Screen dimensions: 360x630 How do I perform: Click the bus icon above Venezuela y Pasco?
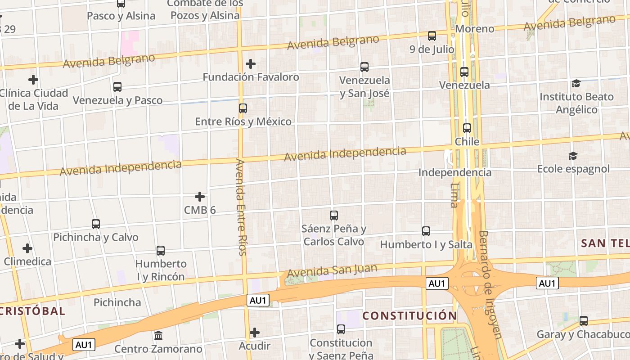(117, 87)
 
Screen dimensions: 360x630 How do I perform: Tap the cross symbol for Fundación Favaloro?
(251, 64)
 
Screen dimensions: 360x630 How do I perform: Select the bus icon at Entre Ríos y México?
(243, 108)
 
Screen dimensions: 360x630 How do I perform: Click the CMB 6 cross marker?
(200, 197)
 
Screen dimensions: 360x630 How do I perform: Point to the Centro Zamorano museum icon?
(158, 336)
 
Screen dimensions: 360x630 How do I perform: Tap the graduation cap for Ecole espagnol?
(573, 156)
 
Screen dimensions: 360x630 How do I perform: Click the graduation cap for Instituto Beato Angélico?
(576, 84)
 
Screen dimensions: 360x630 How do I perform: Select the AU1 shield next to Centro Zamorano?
(84, 345)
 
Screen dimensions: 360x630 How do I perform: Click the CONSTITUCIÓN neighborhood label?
(410, 316)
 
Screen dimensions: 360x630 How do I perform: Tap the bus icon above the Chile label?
(467, 128)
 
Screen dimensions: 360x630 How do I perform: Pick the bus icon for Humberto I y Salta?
(426, 231)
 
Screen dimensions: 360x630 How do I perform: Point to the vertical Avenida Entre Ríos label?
(241, 207)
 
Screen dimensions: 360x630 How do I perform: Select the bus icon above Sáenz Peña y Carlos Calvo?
(334, 216)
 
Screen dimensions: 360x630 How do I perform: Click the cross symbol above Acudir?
(255, 333)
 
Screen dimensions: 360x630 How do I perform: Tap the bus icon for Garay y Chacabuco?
(584, 321)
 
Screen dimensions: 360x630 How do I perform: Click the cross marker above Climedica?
(27, 248)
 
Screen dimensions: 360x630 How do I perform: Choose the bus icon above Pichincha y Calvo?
(96, 224)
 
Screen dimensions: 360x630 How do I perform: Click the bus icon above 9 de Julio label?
(432, 36)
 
